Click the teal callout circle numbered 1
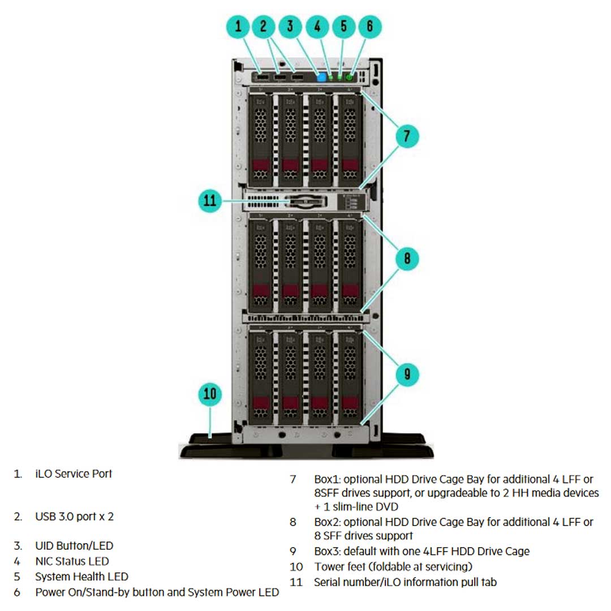239,26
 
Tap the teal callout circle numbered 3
290,26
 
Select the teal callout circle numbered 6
369,26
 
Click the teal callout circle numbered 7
406,136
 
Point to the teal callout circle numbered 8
407,259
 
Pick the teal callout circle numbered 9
407,373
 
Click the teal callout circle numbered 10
210,393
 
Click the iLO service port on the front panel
263,77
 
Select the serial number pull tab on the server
306,201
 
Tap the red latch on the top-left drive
261,166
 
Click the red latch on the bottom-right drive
349,403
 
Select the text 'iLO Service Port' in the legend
74,474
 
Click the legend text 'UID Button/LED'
74,546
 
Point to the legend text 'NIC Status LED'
72,561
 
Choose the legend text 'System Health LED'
81,576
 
